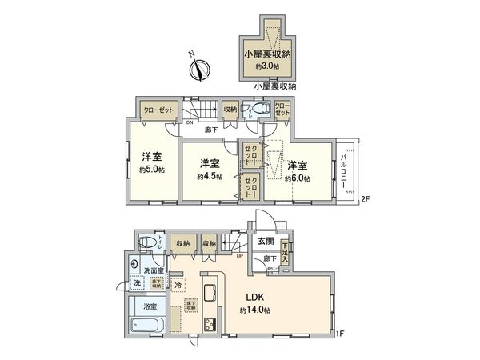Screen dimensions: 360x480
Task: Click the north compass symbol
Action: [199, 69]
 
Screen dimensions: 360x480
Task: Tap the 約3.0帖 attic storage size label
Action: [267, 66]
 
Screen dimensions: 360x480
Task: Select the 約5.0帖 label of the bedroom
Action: [152, 170]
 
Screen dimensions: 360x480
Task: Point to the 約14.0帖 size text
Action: [254, 309]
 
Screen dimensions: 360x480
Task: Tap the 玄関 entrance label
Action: [265, 241]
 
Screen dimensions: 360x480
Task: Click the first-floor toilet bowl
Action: [146, 243]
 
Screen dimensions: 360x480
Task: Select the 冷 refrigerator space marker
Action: [178, 285]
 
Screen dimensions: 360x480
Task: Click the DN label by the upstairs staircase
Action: [190, 123]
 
